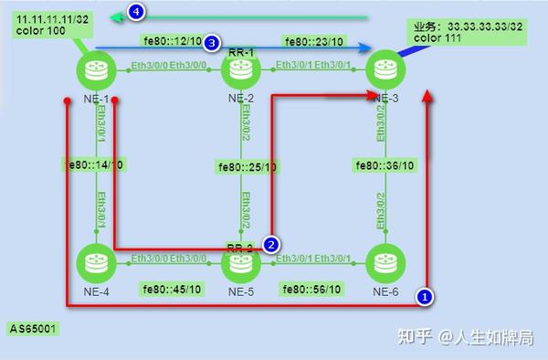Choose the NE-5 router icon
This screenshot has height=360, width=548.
240,264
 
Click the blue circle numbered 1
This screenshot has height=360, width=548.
424,296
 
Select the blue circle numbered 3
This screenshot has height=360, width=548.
211,43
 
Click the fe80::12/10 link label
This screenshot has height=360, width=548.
173,42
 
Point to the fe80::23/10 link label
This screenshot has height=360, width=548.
312,42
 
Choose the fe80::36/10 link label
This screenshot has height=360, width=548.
385,166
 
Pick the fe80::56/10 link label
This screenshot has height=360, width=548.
312,290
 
